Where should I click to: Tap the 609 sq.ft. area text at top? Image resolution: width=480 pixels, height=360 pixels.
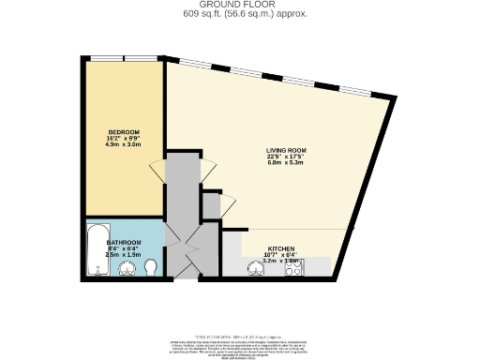(x=239, y=15)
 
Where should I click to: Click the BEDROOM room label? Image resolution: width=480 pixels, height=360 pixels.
(x=124, y=131)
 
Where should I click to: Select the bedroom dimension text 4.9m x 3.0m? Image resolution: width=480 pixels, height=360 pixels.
(x=124, y=145)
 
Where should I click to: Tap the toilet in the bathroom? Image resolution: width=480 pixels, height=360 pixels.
(x=151, y=269)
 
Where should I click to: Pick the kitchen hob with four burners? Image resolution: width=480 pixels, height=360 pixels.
(x=293, y=268)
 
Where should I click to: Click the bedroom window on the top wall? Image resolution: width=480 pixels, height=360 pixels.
(x=125, y=59)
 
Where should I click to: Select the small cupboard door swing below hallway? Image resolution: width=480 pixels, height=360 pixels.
(x=226, y=202)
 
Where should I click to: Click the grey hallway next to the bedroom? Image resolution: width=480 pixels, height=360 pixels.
(x=183, y=187)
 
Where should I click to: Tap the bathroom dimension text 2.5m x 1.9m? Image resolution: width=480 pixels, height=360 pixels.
(x=125, y=255)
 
